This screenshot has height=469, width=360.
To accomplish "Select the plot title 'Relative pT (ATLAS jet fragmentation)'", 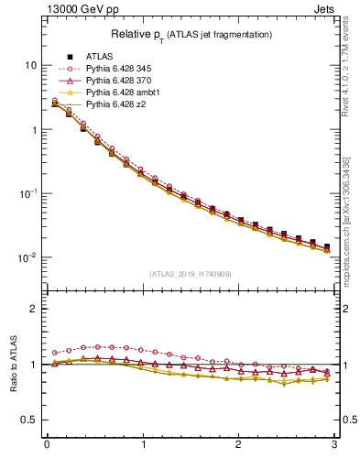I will click(191, 35).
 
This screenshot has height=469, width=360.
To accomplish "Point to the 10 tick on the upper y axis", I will click(30, 66).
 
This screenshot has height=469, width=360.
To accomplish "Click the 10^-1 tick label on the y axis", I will click(27, 193).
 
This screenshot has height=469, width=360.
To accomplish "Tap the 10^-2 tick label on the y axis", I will click(27, 257).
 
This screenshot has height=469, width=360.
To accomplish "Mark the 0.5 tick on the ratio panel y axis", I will click(30, 420).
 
